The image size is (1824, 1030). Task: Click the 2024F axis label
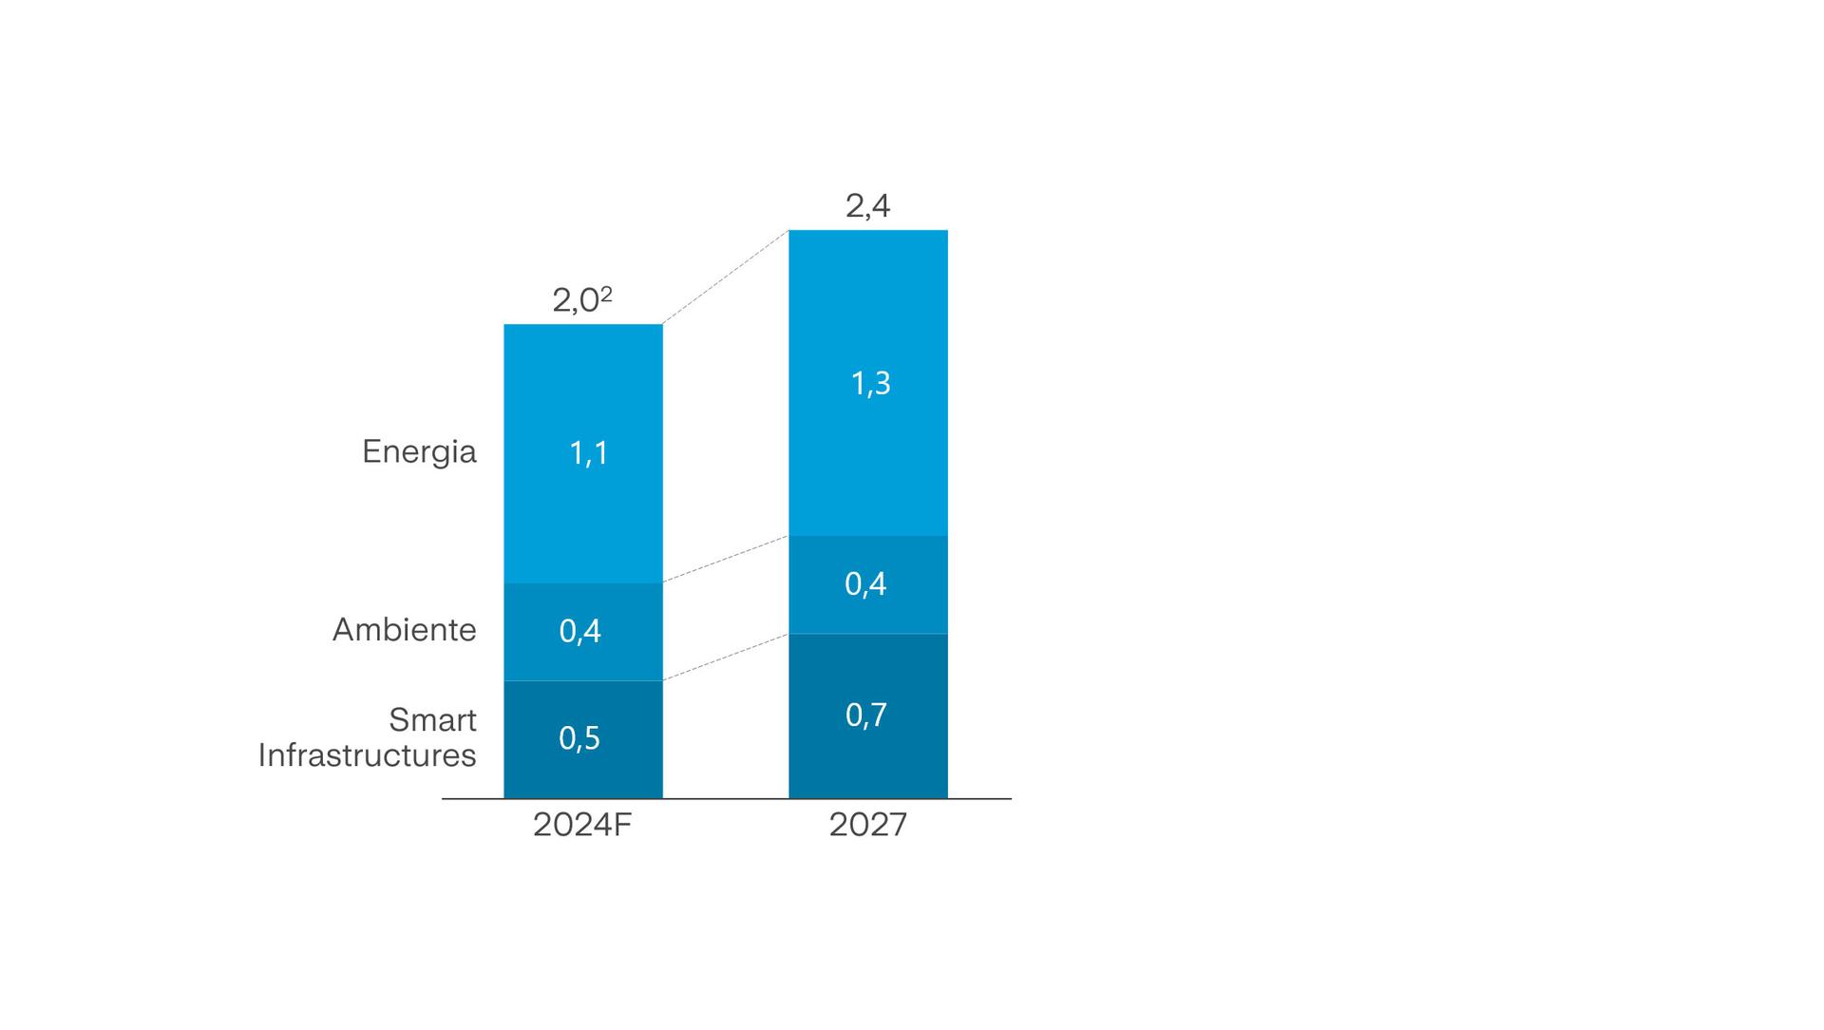[x=581, y=825]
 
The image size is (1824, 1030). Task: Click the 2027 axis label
[x=867, y=825]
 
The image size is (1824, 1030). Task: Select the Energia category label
[x=419, y=452]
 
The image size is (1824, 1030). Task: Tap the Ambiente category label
[x=404, y=630]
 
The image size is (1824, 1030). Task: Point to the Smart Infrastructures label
[x=368, y=737]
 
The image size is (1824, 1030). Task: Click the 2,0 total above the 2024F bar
[x=576, y=301]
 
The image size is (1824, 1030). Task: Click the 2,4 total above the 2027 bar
[x=867, y=206]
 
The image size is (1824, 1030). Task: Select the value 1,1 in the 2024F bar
[x=588, y=453]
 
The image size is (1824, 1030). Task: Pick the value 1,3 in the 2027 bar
[x=870, y=384]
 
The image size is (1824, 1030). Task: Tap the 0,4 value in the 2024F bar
[x=579, y=631]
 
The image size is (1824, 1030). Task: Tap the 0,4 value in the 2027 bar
[x=865, y=583]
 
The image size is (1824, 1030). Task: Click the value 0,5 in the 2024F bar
[x=579, y=738]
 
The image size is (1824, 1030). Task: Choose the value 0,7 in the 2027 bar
[x=865, y=715]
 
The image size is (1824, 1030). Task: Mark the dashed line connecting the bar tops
[x=726, y=277]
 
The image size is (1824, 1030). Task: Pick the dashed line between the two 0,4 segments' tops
[x=726, y=559]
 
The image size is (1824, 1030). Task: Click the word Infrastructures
[x=368, y=755]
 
